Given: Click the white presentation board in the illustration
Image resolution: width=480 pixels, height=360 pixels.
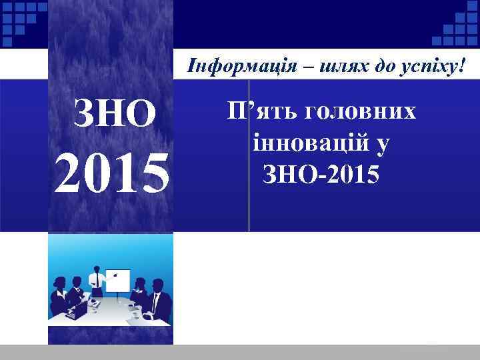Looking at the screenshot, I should coord(118,281).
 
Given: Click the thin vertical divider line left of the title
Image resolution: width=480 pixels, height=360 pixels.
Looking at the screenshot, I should coord(249,157).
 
